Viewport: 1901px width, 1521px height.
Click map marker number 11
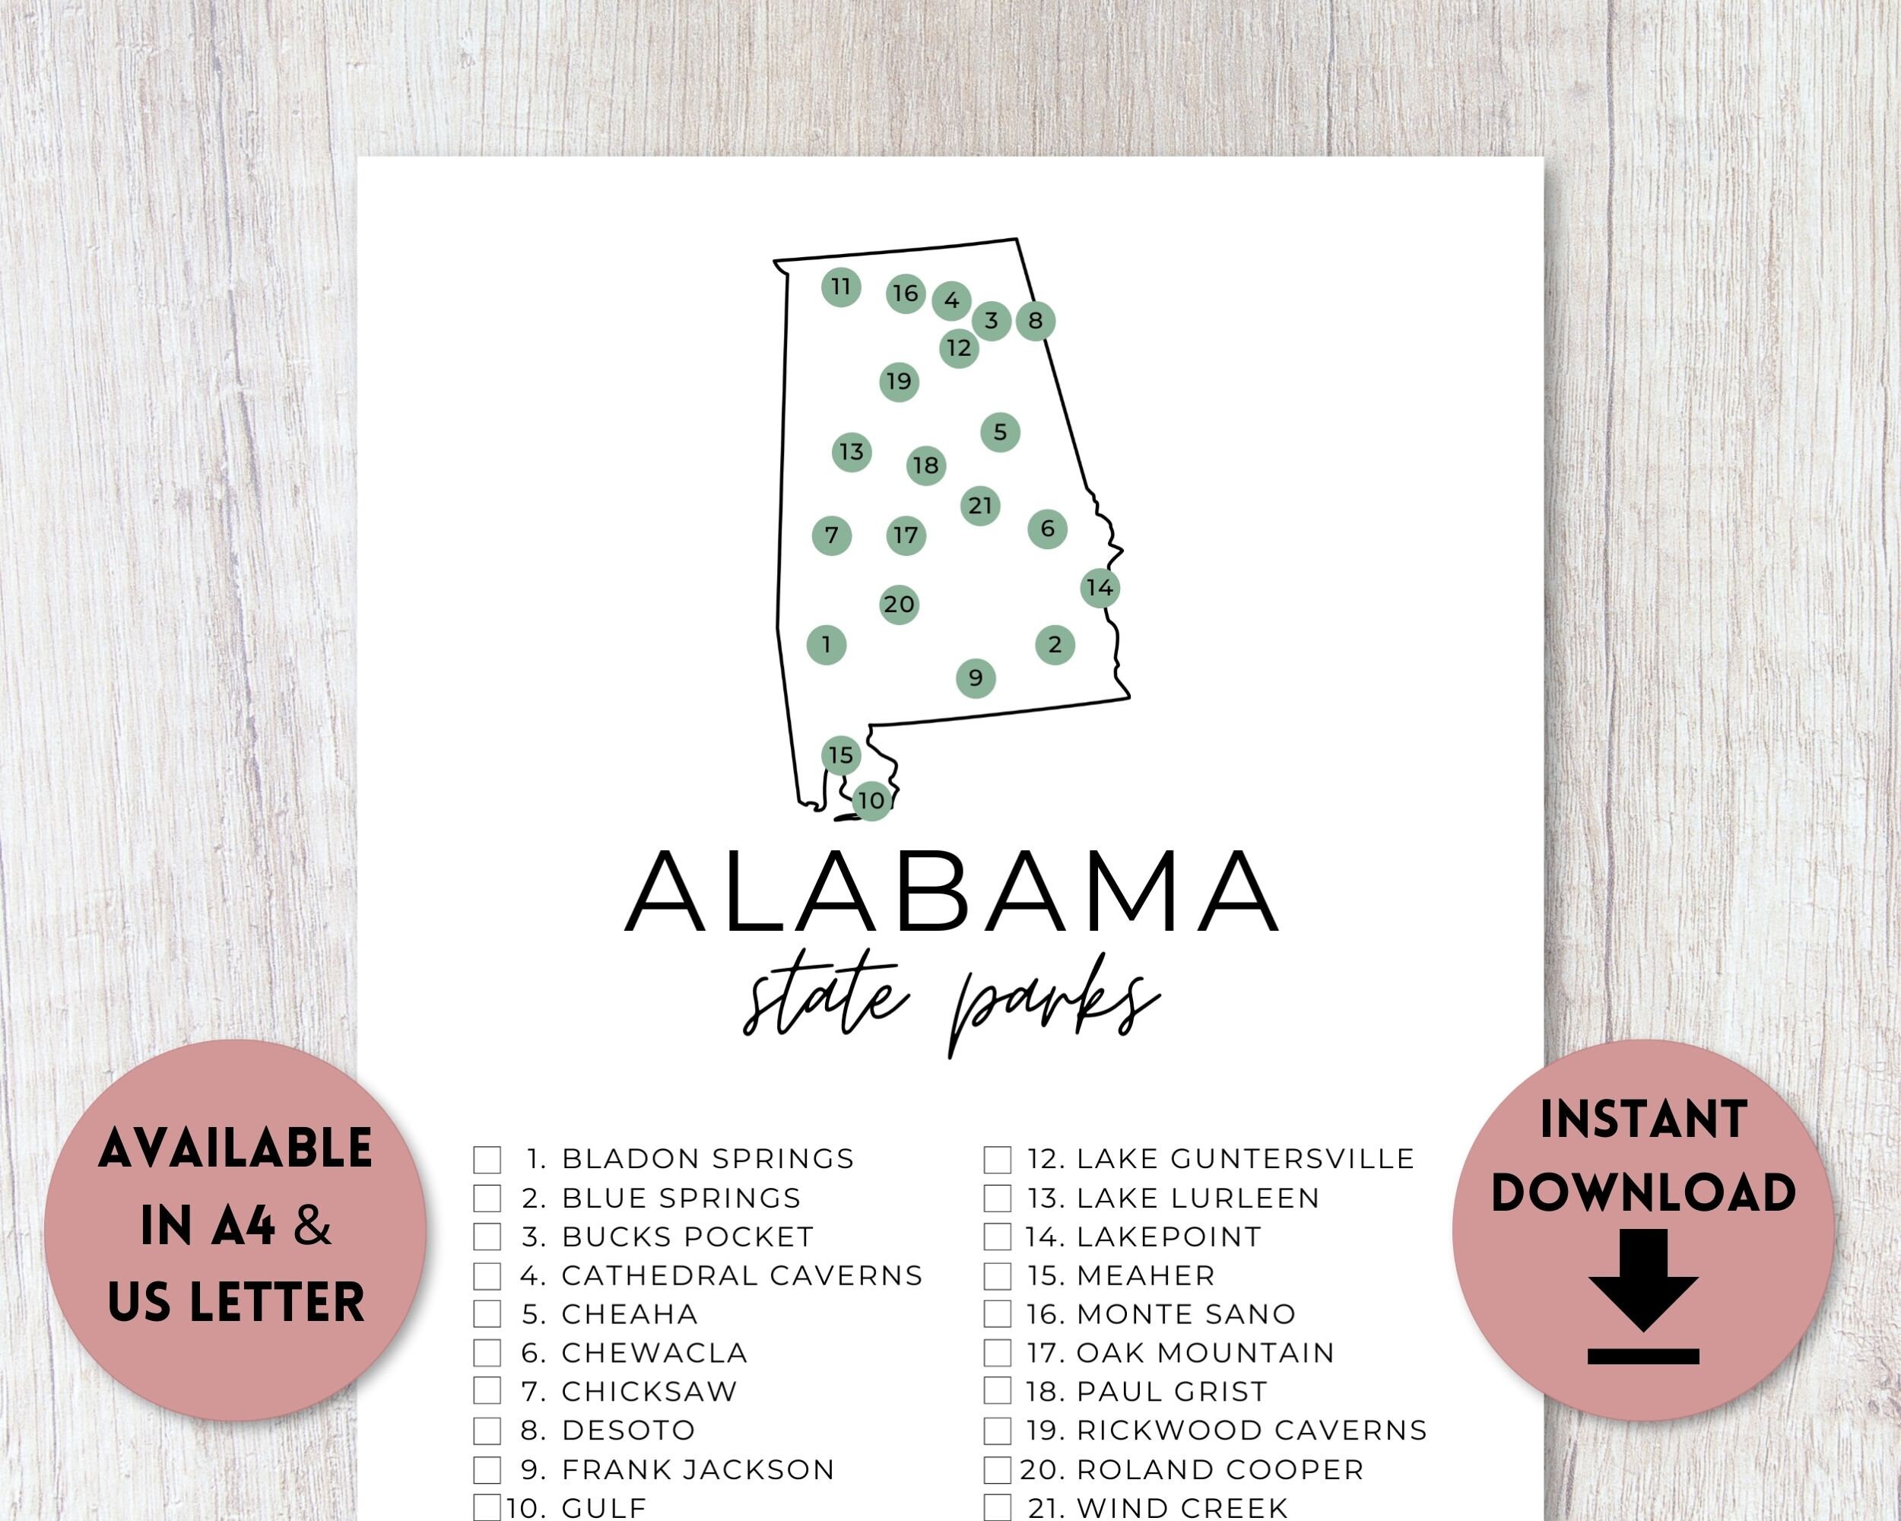840,287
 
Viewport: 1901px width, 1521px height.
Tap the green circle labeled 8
1035,320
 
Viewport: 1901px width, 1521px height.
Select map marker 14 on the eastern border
1100,587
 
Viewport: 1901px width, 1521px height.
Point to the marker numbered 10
871,801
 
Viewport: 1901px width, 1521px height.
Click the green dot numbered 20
899,605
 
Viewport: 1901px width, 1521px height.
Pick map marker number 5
1000,432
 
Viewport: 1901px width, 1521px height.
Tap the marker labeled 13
851,452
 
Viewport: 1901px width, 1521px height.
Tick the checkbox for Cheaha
487,1314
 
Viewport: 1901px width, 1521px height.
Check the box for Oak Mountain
997,1353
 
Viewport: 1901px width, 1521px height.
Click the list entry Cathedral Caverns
741,1275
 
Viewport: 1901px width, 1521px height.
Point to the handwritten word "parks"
1054,1010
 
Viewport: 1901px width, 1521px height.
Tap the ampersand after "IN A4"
312,1226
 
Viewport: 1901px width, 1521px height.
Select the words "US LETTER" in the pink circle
236,1301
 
